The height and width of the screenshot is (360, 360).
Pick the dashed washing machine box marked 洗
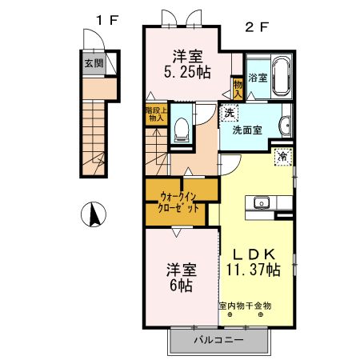pyautogui.click(x=230, y=113)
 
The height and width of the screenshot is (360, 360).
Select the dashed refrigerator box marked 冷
pyautogui.click(x=282, y=157)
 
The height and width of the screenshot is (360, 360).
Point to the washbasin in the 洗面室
pyautogui.click(x=285, y=124)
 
